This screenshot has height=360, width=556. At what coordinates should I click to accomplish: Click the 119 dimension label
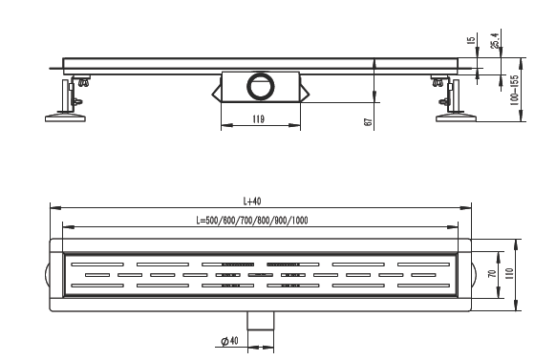[259, 119]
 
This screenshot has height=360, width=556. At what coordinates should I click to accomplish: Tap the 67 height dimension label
[369, 122]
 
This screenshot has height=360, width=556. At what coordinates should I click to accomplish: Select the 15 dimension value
[471, 40]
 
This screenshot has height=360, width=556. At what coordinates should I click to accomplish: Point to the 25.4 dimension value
[495, 40]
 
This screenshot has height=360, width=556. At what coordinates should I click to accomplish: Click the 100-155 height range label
[514, 91]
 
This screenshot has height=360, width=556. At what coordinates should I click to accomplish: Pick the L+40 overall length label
[252, 201]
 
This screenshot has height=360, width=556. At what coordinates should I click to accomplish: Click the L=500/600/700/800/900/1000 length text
[252, 221]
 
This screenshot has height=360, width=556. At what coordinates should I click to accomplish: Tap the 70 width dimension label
[492, 273]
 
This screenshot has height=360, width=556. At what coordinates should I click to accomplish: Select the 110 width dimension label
[509, 274]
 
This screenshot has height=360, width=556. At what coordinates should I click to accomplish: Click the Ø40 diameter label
[229, 341]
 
